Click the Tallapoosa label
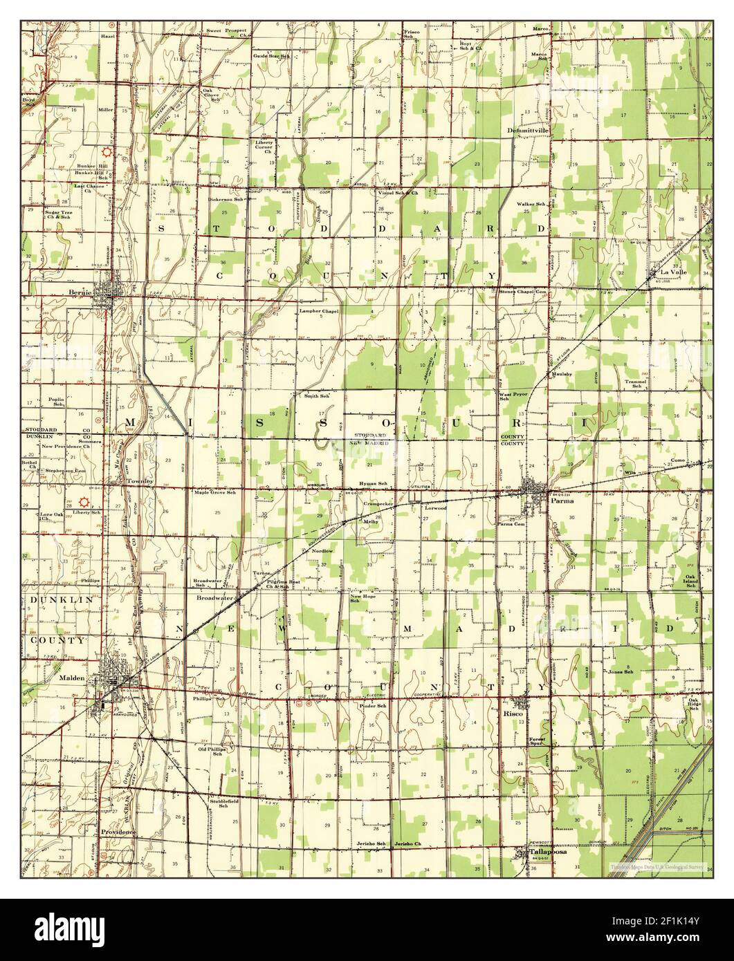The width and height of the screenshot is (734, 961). (x=548, y=852)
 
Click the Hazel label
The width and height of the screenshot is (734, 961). (x=107, y=33)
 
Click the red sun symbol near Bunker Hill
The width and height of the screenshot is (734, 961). (x=107, y=151)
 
